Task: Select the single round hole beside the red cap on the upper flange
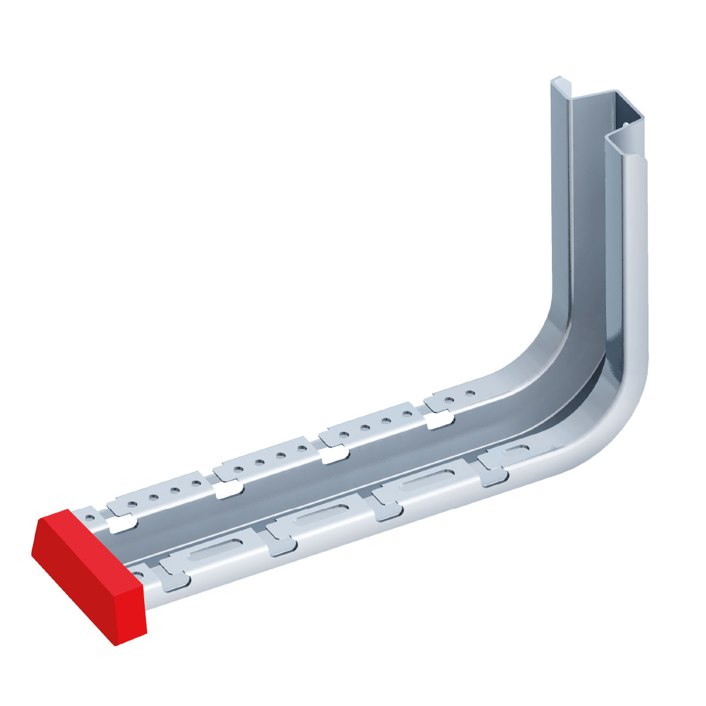point(89,518)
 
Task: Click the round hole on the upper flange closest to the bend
point(469,392)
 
